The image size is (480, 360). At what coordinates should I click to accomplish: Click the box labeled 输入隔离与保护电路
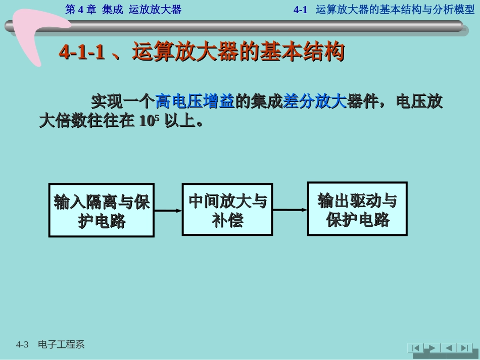(102, 210)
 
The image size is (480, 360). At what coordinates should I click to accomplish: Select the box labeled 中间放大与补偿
(227, 209)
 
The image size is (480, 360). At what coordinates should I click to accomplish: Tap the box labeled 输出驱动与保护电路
(357, 209)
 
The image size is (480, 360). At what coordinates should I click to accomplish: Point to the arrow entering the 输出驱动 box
(290, 209)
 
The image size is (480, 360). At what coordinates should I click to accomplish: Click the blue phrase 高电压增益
(195, 101)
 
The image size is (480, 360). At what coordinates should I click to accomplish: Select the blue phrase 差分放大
(315, 101)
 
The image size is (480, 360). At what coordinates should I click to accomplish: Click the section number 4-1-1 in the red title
(82, 52)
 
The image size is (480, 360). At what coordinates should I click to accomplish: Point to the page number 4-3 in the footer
(22, 345)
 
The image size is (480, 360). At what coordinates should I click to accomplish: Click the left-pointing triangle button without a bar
(447, 348)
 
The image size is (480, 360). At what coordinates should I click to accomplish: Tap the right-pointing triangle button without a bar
(430, 348)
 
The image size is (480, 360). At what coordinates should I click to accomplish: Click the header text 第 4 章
(81, 10)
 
